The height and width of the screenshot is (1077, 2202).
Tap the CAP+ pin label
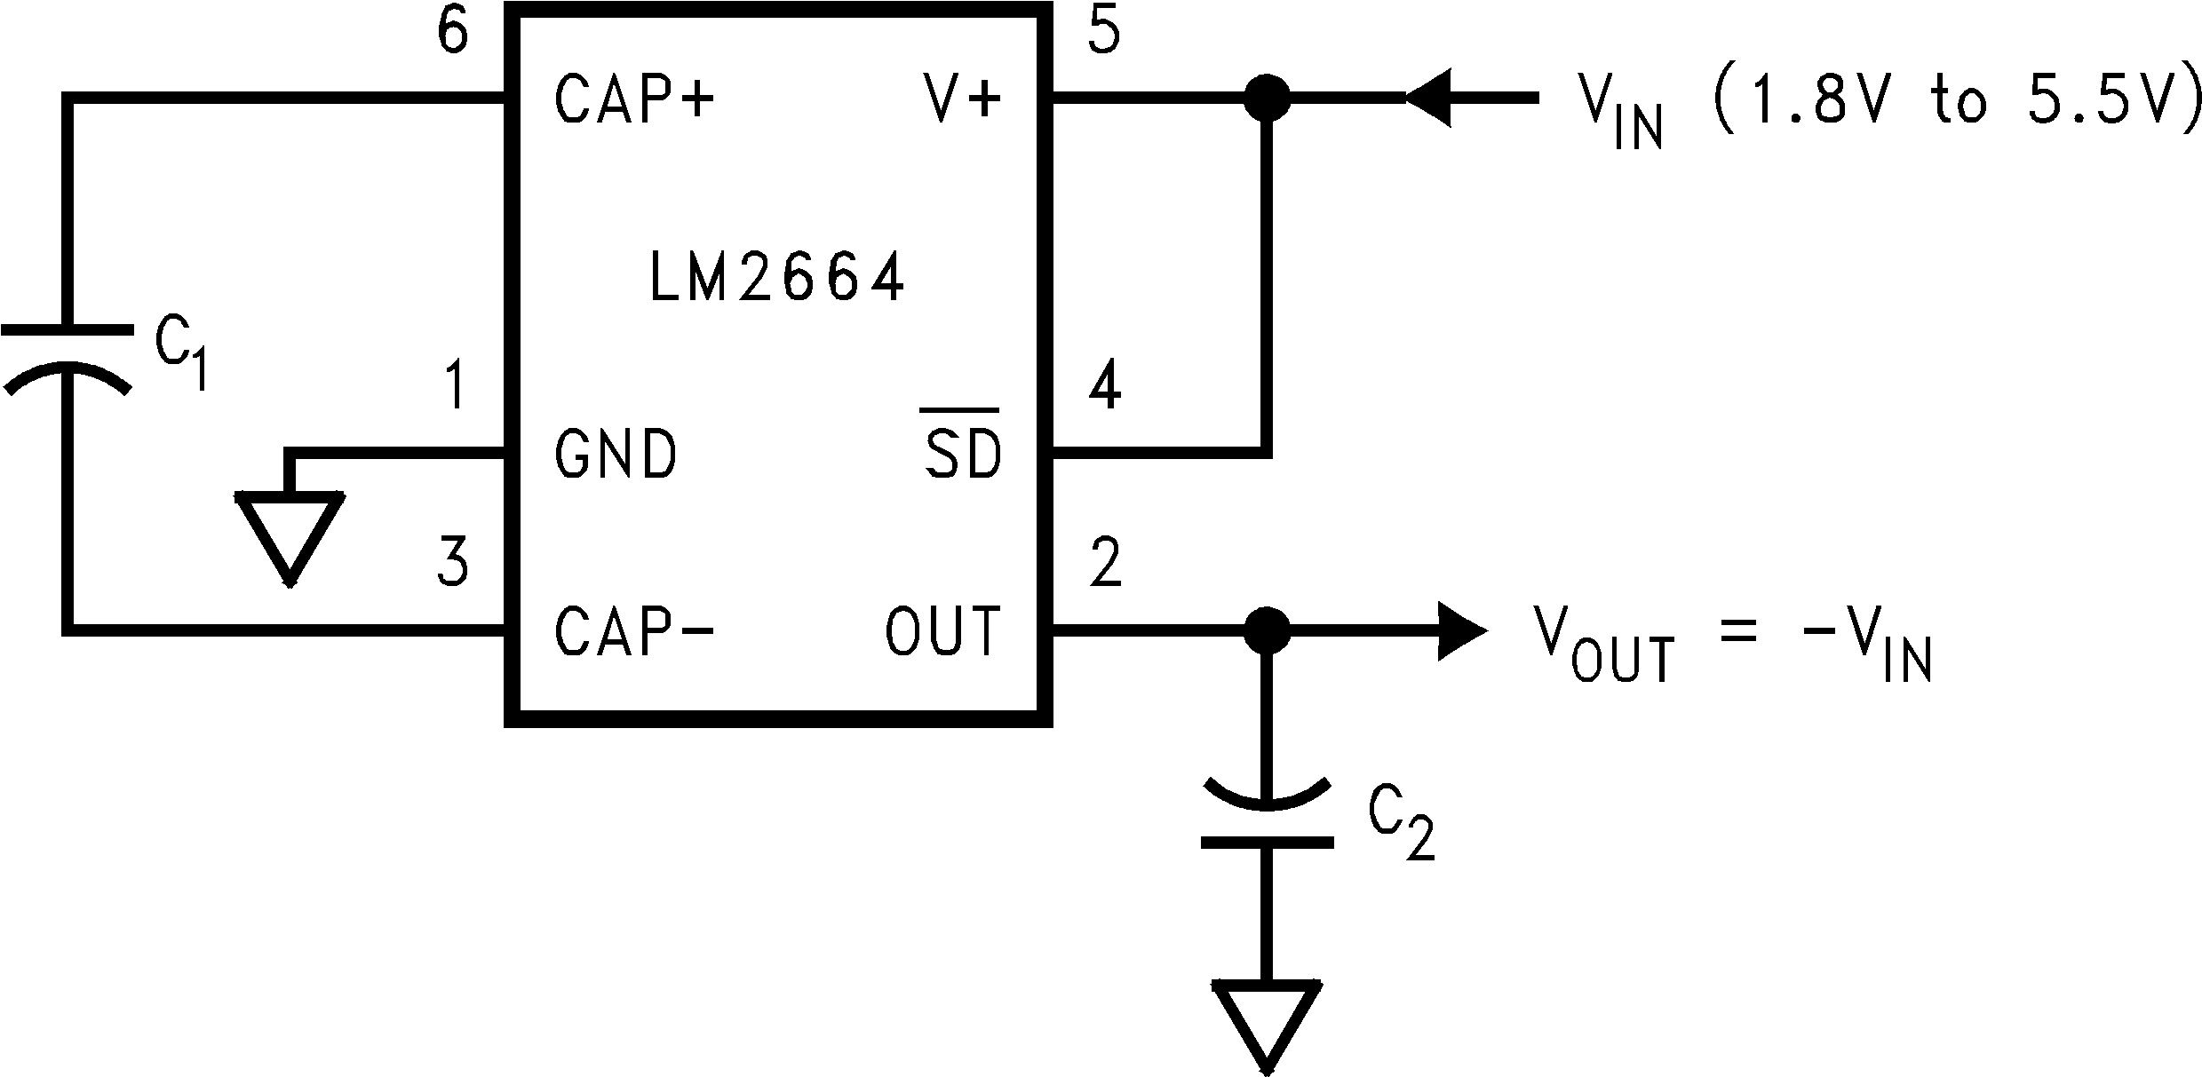634,99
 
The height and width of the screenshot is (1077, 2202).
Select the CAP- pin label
634,631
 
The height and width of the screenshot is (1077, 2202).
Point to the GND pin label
615,455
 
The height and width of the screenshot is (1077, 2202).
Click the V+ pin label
963,99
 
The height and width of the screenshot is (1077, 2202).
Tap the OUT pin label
943,631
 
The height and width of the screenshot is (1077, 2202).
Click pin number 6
453,34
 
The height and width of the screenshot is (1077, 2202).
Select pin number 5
1104,34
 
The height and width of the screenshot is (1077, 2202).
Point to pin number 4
1104,386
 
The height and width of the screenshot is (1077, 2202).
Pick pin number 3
453,563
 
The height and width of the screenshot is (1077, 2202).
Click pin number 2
1104,563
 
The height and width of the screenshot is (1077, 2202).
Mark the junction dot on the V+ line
1266,98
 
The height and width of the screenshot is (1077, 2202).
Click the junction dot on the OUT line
1266,630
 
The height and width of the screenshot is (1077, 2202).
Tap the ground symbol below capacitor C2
1266,1021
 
